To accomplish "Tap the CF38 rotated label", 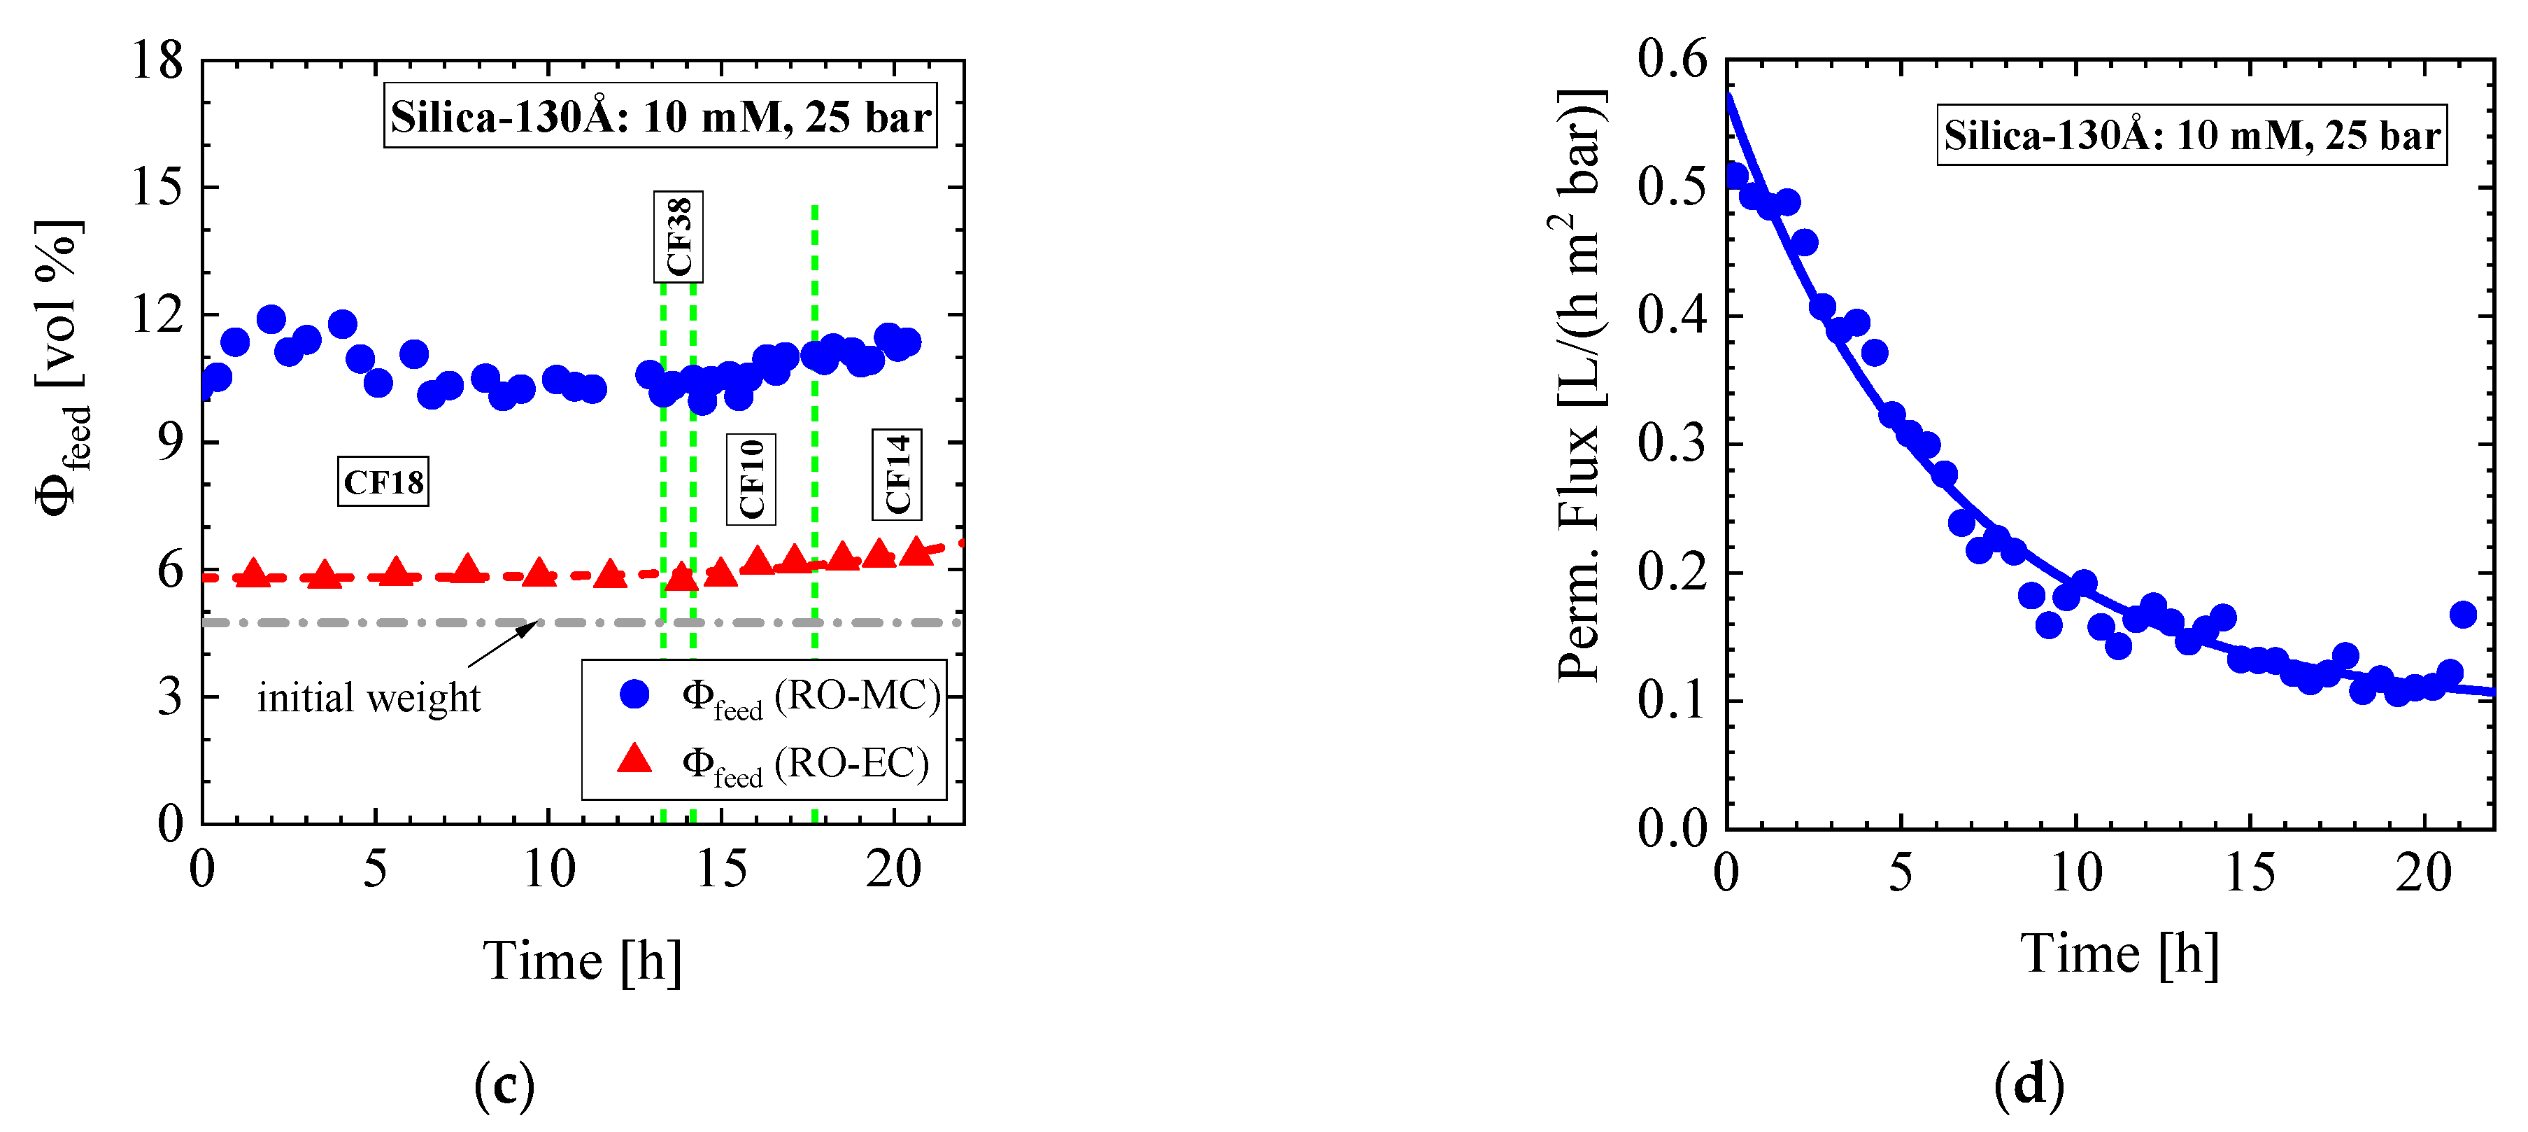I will pyautogui.click(x=678, y=237).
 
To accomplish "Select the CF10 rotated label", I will pyautogui.click(x=751, y=479).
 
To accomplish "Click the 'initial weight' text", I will pyautogui.click(x=369, y=698).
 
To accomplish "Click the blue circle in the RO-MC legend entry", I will pyautogui.click(x=635, y=694).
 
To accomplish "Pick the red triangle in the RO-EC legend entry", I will pyautogui.click(x=635, y=759).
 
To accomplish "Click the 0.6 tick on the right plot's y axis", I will pyautogui.click(x=1673, y=60).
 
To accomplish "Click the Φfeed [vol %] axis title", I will pyautogui.click(x=61, y=368).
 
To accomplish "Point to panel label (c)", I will pyautogui.click(x=504, y=1086).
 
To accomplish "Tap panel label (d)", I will pyautogui.click(x=2029, y=1086).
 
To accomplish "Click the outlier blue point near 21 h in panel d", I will pyautogui.click(x=2462, y=615).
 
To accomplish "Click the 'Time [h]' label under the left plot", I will pyautogui.click(x=582, y=961).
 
